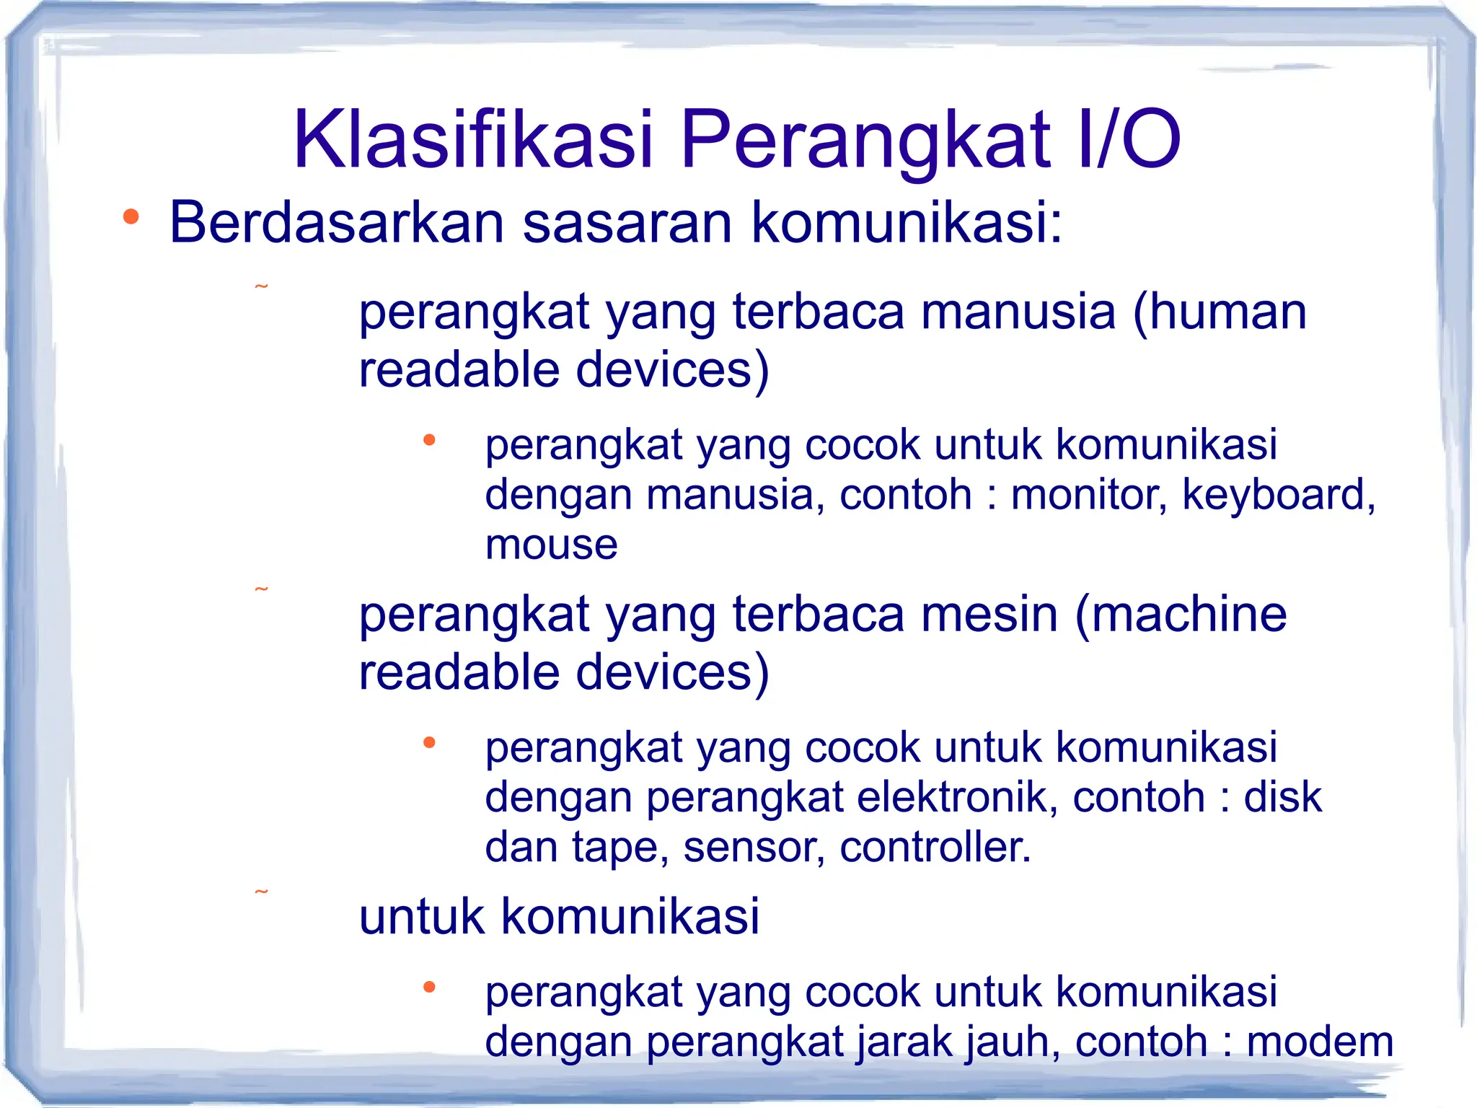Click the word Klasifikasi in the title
(472, 139)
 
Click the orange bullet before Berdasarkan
(131, 216)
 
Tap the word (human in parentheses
(1220, 312)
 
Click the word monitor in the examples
(1088, 495)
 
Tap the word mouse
(552, 545)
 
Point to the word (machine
(1181, 615)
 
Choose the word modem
(1320, 1042)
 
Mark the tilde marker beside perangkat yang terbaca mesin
(262, 590)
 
